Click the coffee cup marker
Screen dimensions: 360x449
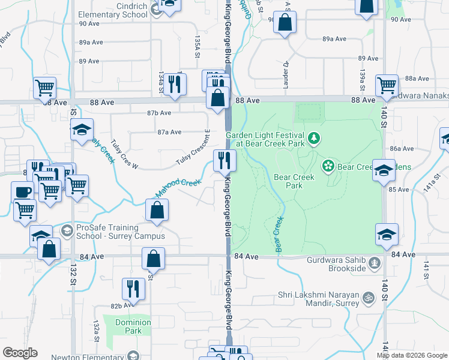tap(23, 192)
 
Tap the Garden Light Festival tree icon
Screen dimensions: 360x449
tap(313, 140)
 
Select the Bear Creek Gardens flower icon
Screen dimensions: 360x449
tap(328, 165)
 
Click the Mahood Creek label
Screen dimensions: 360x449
tap(178, 188)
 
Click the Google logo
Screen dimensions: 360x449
tap(20, 353)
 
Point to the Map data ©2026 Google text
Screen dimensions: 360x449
tap(412, 355)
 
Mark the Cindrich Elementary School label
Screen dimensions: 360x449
tap(115, 10)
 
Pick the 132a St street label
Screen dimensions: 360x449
tap(96, 331)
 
